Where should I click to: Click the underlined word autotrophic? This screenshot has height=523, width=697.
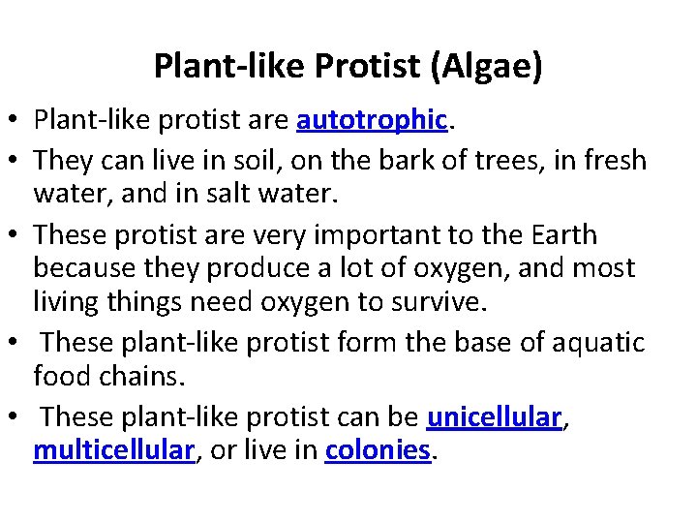pos(372,120)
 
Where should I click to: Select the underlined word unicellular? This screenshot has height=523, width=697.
pos(494,418)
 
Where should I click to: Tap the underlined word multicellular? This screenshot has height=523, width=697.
pos(114,450)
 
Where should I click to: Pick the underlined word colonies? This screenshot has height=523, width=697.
pos(378,450)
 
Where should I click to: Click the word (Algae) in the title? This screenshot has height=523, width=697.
pos(489,67)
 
